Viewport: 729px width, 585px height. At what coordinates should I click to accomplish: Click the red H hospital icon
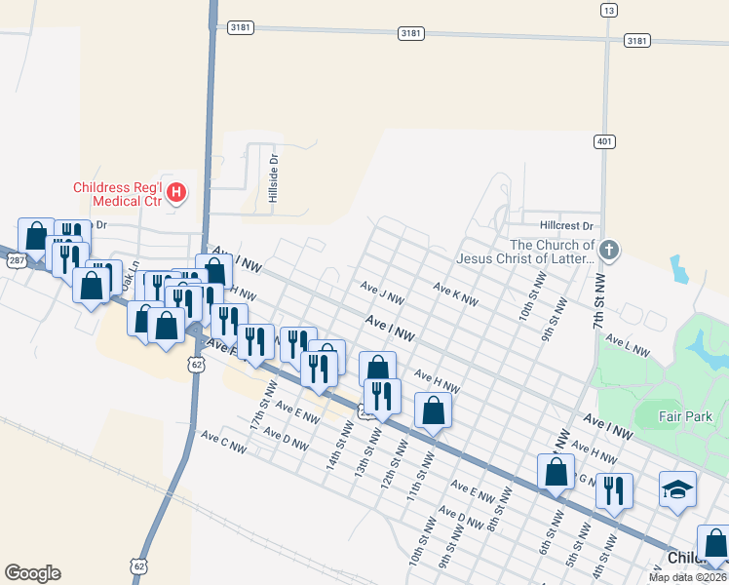point(176,192)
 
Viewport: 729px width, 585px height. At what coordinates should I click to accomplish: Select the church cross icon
point(609,250)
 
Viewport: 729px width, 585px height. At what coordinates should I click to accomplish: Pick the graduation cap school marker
point(677,489)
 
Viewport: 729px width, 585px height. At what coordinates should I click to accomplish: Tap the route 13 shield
point(609,10)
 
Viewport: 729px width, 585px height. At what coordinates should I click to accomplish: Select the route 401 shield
point(605,141)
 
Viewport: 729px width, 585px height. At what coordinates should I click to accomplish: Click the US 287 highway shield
point(16,260)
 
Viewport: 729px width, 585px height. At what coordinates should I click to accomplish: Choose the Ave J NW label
point(381,292)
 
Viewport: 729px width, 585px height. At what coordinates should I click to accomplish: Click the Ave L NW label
point(629,344)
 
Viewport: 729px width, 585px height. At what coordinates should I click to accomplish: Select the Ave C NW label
point(223,443)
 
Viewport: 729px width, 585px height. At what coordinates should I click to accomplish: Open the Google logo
point(32,573)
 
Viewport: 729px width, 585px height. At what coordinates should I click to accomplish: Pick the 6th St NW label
point(547,530)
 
